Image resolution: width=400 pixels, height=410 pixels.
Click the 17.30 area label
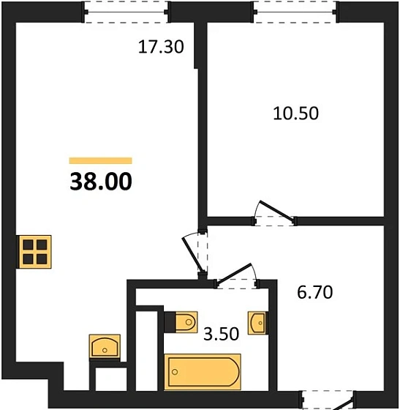coord(160,48)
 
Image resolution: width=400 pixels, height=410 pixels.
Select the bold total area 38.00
coord(101,180)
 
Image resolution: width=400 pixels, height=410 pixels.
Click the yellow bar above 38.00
coord(101,160)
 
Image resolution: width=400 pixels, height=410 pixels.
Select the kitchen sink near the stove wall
coord(104,345)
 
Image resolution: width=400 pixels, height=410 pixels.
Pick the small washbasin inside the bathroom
coord(257,321)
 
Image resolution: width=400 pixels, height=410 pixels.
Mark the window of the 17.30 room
coord(127,11)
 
